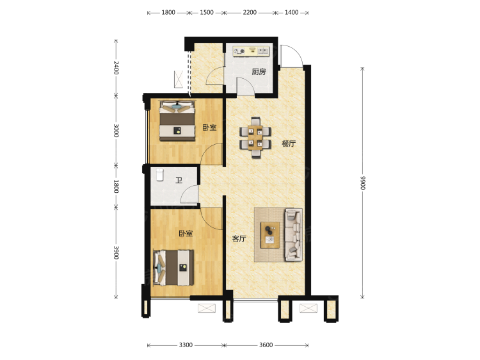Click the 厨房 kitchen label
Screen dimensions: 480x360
click(x=259, y=72)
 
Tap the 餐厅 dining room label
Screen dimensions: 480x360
click(x=289, y=143)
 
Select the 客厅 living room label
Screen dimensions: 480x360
click(x=239, y=238)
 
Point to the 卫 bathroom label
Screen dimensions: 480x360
click(x=179, y=181)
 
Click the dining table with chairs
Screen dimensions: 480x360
click(x=255, y=137)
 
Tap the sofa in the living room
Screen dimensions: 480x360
click(x=294, y=234)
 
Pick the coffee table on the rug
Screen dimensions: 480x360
click(x=269, y=234)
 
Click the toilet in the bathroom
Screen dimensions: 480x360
click(x=160, y=175)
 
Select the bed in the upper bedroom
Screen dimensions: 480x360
click(x=177, y=121)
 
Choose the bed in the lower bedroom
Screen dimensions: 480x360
click(x=173, y=268)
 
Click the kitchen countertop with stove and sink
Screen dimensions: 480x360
click(x=251, y=51)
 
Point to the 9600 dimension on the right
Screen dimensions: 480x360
click(x=362, y=183)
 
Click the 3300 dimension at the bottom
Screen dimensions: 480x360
click(x=186, y=345)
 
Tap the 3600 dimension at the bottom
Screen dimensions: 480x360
click(x=266, y=345)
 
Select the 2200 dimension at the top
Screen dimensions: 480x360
click(x=250, y=13)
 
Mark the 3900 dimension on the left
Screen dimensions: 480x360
click(x=116, y=252)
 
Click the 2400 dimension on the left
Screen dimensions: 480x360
click(x=116, y=68)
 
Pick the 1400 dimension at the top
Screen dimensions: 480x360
click(x=291, y=13)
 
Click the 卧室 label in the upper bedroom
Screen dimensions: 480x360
click(x=209, y=127)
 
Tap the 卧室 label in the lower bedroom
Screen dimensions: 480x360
click(x=186, y=233)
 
